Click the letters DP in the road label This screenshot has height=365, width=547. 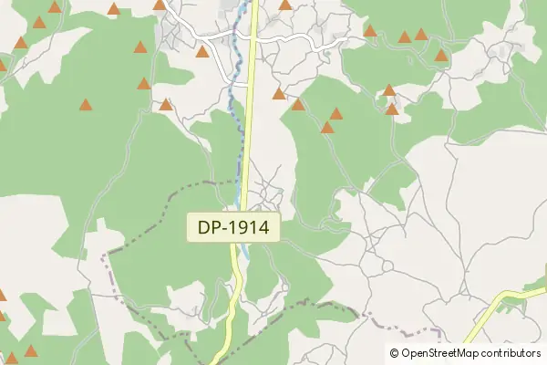coord(209,228)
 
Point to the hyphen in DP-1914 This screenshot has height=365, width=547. coord(226,228)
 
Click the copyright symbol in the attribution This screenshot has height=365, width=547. coord(395,353)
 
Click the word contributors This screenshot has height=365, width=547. coord(510,353)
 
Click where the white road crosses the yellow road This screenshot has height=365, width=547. coord(252,40)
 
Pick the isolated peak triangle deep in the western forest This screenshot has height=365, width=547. coord(85,105)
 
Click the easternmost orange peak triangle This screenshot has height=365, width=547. coord(441,56)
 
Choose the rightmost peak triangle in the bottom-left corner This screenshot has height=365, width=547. coord(31,350)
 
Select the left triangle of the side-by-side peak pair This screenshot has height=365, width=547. coord(405,37)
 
